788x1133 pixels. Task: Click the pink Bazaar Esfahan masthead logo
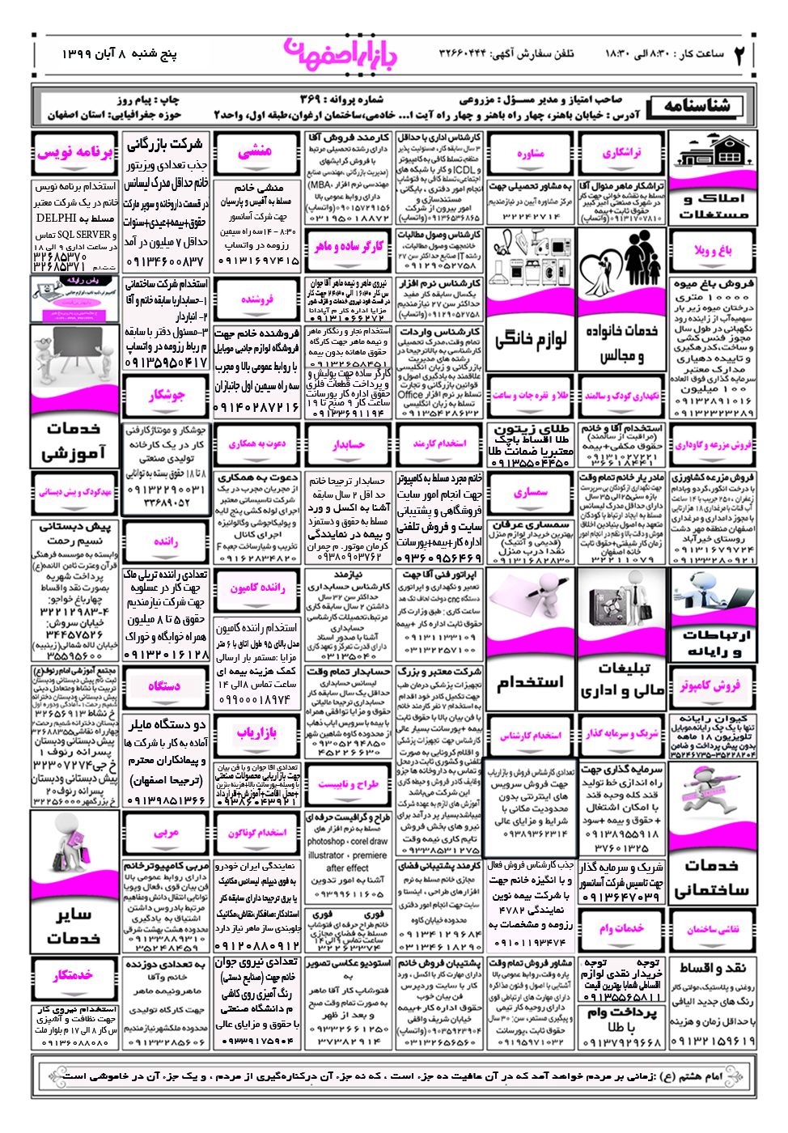pos(341,54)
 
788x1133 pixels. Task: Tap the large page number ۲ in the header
pos(739,55)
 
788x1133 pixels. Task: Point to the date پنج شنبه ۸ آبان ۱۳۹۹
pos(119,54)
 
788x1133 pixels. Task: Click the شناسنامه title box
pos(697,106)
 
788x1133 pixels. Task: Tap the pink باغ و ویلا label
pos(713,250)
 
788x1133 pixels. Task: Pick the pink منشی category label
pos(256,151)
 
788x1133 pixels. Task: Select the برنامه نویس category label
pos(74,152)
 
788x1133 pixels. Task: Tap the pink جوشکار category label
pos(166,395)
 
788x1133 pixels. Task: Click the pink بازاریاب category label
pos(256,733)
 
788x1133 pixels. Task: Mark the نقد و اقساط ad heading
pos(712,968)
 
